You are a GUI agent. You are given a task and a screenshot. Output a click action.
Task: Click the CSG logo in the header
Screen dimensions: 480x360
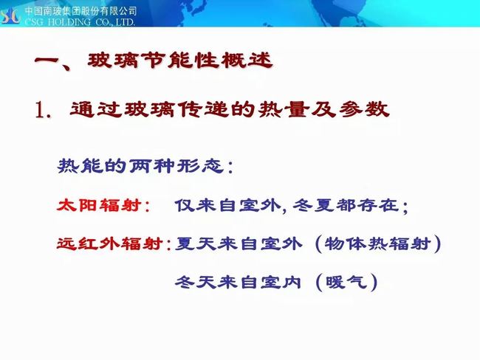[x=10, y=15]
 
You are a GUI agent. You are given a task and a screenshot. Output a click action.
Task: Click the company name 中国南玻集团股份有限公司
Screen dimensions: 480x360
[x=80, y=11]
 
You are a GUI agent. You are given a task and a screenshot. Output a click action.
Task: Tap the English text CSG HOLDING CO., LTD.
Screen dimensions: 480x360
[x=80, y=22]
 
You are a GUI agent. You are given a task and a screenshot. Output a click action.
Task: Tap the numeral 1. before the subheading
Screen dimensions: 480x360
[x=43, y=110]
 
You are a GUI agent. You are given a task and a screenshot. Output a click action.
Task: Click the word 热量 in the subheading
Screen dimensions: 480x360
[x=282, y=109]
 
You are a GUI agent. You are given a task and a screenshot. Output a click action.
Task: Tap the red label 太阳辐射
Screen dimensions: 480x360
[x=100, y=205]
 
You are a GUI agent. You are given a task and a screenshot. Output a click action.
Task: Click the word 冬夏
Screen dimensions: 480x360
[x=313, y=205]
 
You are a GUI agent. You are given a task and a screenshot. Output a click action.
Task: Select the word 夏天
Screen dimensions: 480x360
[x=195, y=243]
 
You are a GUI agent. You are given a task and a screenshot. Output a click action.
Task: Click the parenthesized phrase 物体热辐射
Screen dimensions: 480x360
[x=378, y=243]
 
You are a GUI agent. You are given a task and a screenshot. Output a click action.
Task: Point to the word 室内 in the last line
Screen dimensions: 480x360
[x=281, y=282]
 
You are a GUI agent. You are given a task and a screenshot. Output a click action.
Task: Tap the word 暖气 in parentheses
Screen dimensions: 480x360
[x=346, y=282]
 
